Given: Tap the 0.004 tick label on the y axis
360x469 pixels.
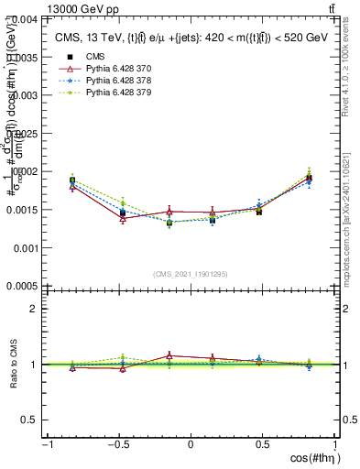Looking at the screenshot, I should coord(23,18).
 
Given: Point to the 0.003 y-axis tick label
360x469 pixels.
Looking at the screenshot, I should coord(23,94).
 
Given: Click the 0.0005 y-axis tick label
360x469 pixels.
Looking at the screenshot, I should coord(21,286).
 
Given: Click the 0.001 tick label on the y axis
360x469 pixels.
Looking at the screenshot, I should coord(23,247).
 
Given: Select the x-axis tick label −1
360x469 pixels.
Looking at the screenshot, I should coord(46,445).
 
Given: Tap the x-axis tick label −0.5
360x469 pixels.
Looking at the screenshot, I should coord(117,445).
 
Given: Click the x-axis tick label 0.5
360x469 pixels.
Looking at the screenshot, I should coord(263,445).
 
